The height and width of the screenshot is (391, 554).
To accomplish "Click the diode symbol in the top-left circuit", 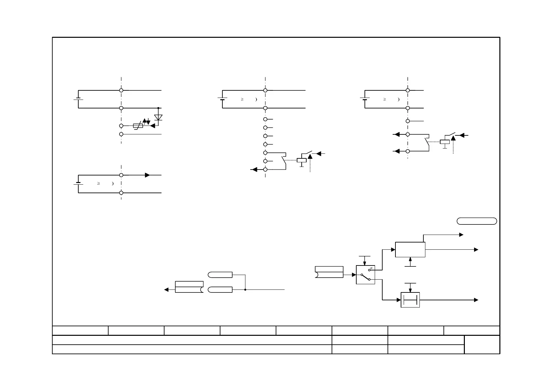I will [158, 117].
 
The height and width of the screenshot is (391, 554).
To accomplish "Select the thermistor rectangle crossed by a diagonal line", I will [138, 126].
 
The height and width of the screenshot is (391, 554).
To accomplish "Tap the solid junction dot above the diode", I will [158, 108].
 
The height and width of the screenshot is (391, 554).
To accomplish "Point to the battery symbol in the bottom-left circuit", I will [78, 183].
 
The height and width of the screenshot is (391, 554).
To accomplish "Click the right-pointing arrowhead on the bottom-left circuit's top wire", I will [148, 175].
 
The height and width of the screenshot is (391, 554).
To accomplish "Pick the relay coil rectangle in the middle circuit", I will [302, 160].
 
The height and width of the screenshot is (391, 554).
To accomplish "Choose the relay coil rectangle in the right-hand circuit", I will [445, 142].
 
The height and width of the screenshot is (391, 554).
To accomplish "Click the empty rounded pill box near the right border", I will [477, 221].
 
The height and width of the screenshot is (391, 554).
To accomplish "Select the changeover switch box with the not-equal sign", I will [365, 275].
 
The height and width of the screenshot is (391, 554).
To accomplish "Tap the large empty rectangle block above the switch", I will [410, 250].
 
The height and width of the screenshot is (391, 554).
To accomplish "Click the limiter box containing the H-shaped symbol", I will [410, 300].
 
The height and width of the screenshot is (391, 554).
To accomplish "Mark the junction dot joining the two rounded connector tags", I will [245, 290].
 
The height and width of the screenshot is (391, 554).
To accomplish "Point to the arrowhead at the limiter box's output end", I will [476, 300].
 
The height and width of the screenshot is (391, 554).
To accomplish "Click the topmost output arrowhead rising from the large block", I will [461, 235].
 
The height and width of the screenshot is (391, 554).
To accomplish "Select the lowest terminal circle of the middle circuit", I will [265, 170].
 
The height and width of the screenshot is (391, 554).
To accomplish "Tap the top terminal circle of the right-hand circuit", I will [408, 90].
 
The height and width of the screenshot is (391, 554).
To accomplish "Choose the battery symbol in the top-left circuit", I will [78, 99].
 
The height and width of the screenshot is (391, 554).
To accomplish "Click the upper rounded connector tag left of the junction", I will [220, 275].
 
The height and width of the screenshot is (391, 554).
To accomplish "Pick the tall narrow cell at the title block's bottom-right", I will [482, 345].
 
